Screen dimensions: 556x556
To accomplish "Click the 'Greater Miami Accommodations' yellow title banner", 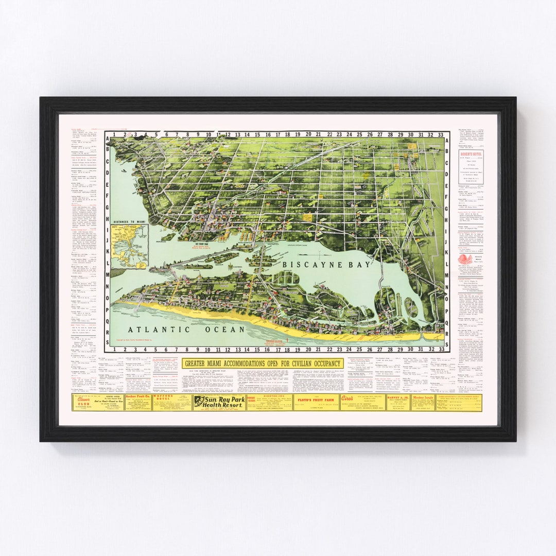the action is click(263, 363).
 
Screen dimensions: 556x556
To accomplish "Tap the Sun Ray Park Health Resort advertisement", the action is click(218, 402).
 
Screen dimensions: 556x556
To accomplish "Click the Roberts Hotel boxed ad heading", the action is click(471, 154).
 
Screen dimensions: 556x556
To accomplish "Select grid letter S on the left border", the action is click(107, 343).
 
